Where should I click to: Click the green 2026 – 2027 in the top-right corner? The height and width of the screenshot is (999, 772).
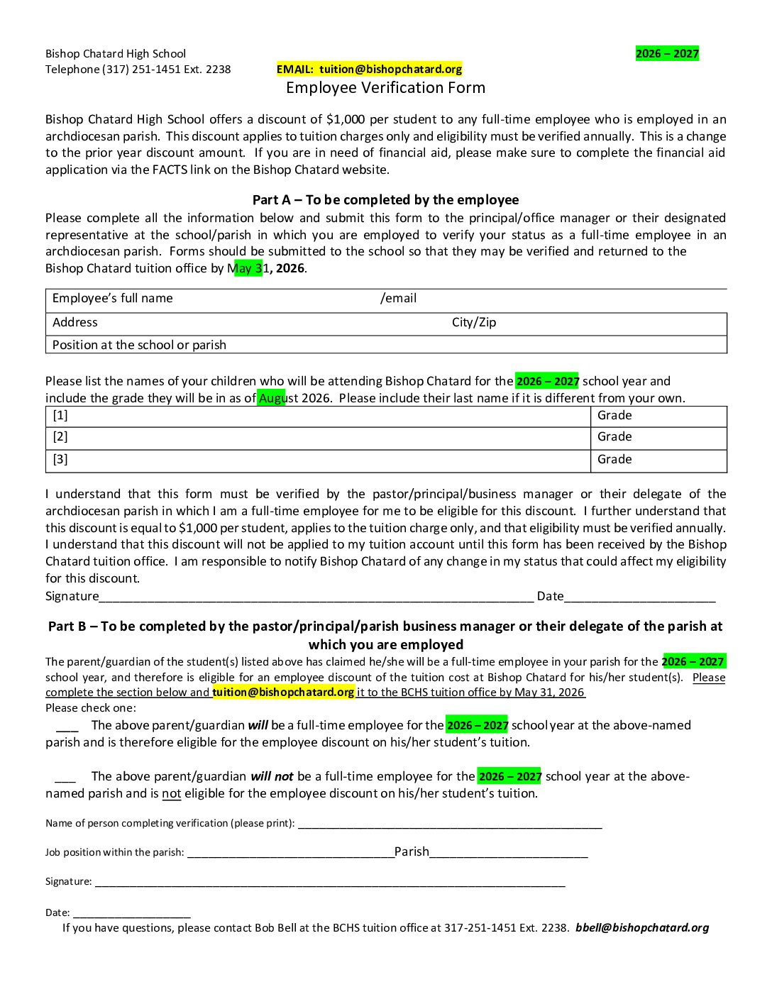667,54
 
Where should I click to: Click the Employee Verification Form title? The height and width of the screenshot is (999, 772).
385,88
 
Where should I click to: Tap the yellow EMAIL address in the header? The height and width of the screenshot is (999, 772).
369,69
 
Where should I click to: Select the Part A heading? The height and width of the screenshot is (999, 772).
385,200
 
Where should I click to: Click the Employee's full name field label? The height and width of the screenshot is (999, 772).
112,299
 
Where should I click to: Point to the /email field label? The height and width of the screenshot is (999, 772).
398,299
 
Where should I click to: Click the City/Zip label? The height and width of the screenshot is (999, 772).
473,323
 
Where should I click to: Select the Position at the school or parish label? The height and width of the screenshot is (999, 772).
139,345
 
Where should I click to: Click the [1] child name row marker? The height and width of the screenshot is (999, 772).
60,416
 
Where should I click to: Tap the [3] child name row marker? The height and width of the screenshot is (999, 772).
60,460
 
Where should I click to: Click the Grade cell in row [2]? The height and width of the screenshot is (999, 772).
614,437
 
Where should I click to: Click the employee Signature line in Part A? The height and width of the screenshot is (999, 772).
316,596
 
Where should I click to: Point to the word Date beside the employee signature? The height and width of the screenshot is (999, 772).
550,596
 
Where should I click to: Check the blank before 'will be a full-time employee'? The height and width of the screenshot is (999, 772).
67,726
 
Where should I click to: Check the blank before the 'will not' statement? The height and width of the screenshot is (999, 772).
65,777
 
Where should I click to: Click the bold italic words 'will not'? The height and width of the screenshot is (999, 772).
272,777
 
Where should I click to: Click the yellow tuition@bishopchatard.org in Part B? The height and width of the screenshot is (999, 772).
283,692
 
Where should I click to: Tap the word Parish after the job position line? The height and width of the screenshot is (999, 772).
412,852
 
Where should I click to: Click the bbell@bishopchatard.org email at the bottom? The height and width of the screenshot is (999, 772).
642,928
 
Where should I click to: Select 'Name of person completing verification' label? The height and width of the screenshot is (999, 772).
170,824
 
